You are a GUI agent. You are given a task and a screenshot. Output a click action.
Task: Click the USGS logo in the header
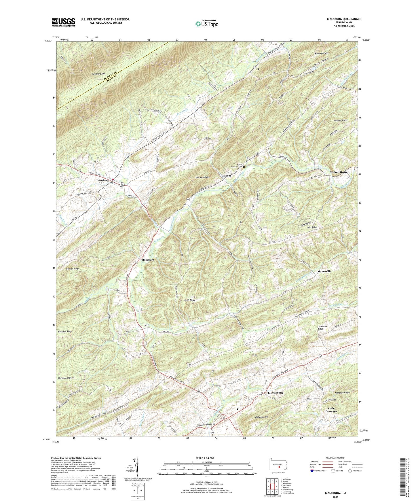point(63,22)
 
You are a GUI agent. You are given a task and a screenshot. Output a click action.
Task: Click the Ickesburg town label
point(102,180)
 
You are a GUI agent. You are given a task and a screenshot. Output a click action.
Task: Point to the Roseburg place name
point(148,260)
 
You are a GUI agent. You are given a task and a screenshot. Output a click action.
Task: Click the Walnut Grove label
point(339,172)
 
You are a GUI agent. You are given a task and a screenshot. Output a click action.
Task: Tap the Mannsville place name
point(324,271)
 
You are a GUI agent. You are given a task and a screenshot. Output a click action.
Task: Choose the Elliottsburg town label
point(275,393)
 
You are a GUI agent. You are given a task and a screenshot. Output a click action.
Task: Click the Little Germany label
point(331,410)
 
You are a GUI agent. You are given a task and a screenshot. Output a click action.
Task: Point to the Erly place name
point(146,325)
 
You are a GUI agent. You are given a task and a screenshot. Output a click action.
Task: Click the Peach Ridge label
point(189,300)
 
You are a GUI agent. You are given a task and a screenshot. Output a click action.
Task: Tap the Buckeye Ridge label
point(65,331)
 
